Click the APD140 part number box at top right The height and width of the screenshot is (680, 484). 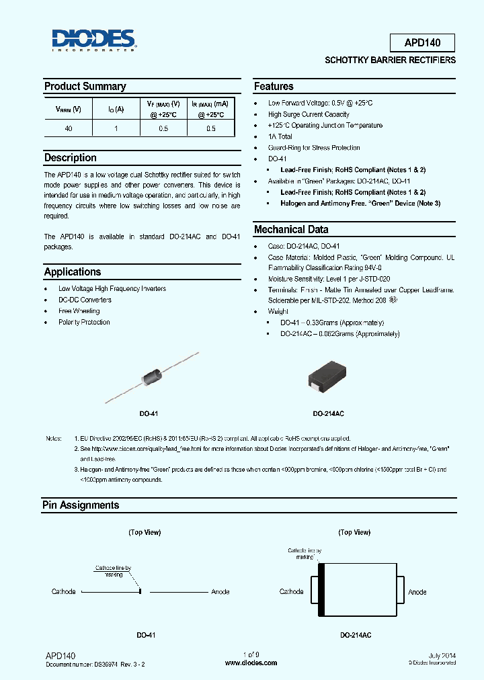(x=422, y=43)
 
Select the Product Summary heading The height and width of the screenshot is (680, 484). (x=85, y=87)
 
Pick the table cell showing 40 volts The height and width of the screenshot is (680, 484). (x=69, y=128)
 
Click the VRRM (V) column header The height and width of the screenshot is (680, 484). (x=69, y=109)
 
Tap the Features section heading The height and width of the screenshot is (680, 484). (x=274, y=87)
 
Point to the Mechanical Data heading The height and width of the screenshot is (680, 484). (x=291, y=230)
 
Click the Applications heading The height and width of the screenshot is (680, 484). (x=73, y=272)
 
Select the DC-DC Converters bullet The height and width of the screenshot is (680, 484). (x=85, y=300)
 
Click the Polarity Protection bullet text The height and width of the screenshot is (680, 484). (x=84, y=323)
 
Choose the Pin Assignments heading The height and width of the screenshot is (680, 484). (x=81, y=505)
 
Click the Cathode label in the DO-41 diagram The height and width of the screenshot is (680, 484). (x=64, y=592)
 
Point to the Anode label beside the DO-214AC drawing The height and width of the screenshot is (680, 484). (x=417, y=592)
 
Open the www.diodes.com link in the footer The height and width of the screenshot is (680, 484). (x=251, y=663)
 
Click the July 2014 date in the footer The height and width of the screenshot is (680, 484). (x=442, y=654)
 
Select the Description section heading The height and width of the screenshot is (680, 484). (x=71, y=158)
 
